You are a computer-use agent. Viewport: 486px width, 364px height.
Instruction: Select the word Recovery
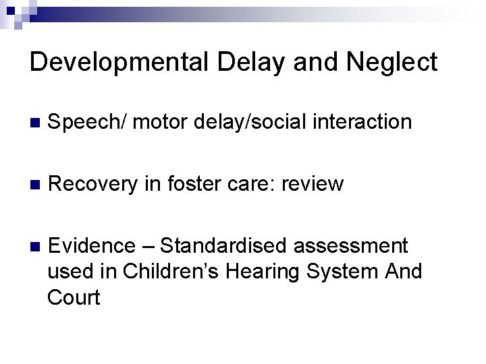pyautogui.click(x=94, y=183)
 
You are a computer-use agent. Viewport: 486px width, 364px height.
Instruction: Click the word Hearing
pyautogui.click(x=264, y=271)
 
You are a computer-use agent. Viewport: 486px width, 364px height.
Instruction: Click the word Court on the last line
pyautogui.click(x=74, y=297)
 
